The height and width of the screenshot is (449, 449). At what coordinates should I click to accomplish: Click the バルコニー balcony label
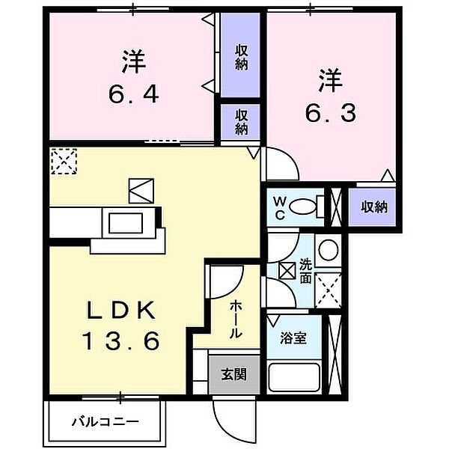coord(105,421)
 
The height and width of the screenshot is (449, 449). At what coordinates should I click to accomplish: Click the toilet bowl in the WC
coord(305,206)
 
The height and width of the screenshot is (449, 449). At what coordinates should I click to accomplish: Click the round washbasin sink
coord(327,249)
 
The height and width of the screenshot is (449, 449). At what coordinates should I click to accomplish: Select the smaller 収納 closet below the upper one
coord(241,121)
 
